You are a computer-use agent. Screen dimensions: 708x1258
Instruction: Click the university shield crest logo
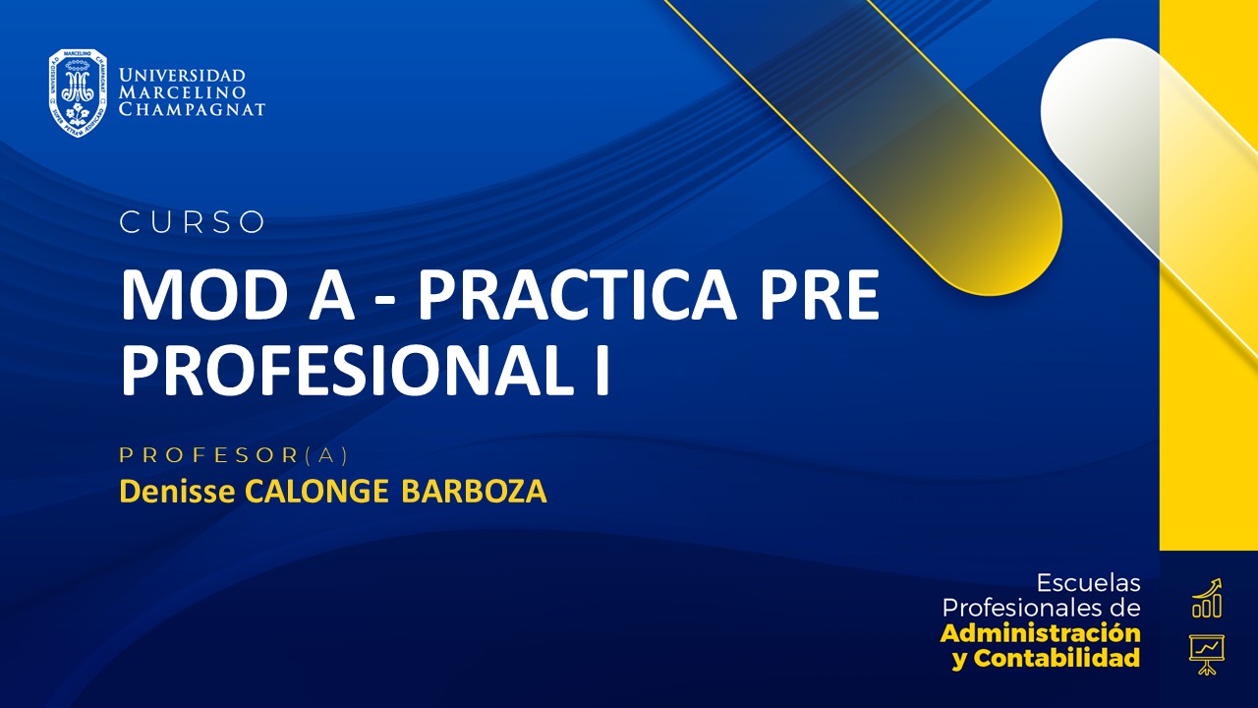78,92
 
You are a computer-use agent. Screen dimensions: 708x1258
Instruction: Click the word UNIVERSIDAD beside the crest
182,76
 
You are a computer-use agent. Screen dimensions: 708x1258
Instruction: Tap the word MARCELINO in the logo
182,92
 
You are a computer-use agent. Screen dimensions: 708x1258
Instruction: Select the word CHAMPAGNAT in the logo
192,109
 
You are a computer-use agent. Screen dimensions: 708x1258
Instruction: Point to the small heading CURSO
193,223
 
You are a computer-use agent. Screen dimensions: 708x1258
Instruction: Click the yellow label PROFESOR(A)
234,455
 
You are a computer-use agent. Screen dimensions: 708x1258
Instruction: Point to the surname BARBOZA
474,491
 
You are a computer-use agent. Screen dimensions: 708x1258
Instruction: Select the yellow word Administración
1041,632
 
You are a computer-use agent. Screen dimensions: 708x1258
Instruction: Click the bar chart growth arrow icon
1206,598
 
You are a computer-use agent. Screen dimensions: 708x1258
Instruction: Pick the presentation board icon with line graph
1206,653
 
